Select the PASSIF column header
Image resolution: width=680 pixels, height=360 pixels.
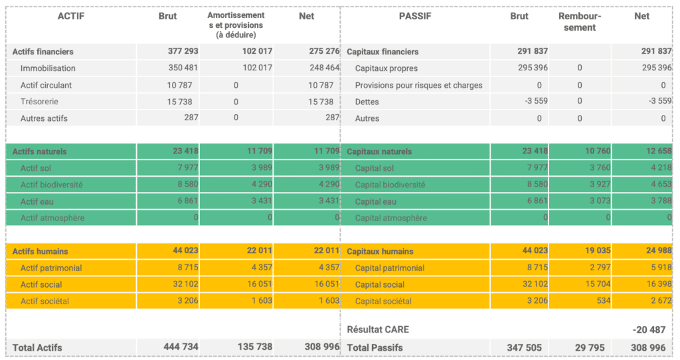(x=415, y=17)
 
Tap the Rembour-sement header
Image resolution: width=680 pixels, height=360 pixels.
(x=577, y=22)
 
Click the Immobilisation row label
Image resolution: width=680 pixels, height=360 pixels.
(x=48, y=68)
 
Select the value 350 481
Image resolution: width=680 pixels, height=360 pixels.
(x=183, y=68)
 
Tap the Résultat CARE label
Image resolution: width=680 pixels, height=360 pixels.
(x=378, y=330)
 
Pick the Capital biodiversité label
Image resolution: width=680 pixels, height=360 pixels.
(x=390, y=185)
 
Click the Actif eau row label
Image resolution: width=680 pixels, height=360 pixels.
(x=37, y=201)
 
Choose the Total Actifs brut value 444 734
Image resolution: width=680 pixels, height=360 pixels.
(x=181, y=347)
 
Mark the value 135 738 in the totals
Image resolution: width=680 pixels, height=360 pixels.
(x=255, y=347)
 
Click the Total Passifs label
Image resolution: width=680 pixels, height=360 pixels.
(x=375, y=347)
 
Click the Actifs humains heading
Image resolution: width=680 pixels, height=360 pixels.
(x=40, y=251)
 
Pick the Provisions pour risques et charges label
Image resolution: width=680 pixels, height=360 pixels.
(x=418, y=85)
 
